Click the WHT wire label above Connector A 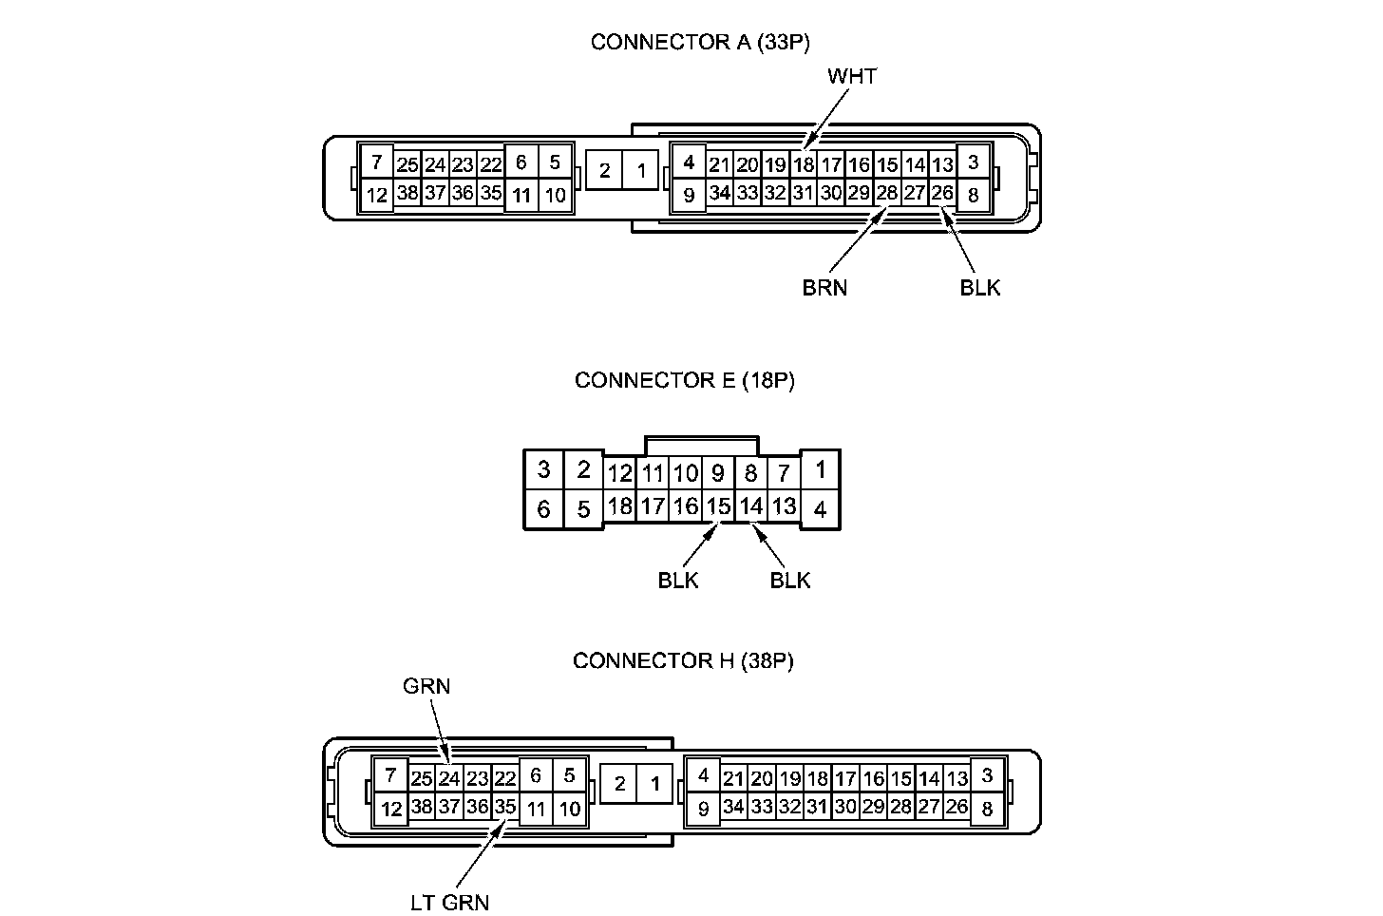(852, 76)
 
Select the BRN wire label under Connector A (824, 287)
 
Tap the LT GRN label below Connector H (450, 902)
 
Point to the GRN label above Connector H (426, 686)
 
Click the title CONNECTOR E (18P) (684, 380)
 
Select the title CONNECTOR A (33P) (700, 42)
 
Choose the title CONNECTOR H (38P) (683, 660)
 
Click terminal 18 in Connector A (804, 164)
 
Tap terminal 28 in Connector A (886, 193)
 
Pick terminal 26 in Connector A (941, 193)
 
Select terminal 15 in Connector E (719, 506)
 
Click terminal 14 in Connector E (751, 506)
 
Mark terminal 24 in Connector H (449, 779)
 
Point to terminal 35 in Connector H (504, 808)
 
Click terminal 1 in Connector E (821, 468)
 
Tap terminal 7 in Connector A (377, 162)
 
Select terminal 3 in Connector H (987, 775)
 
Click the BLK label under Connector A (980, 287)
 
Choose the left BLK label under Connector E (678, 580)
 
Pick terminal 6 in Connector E (543, 509)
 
